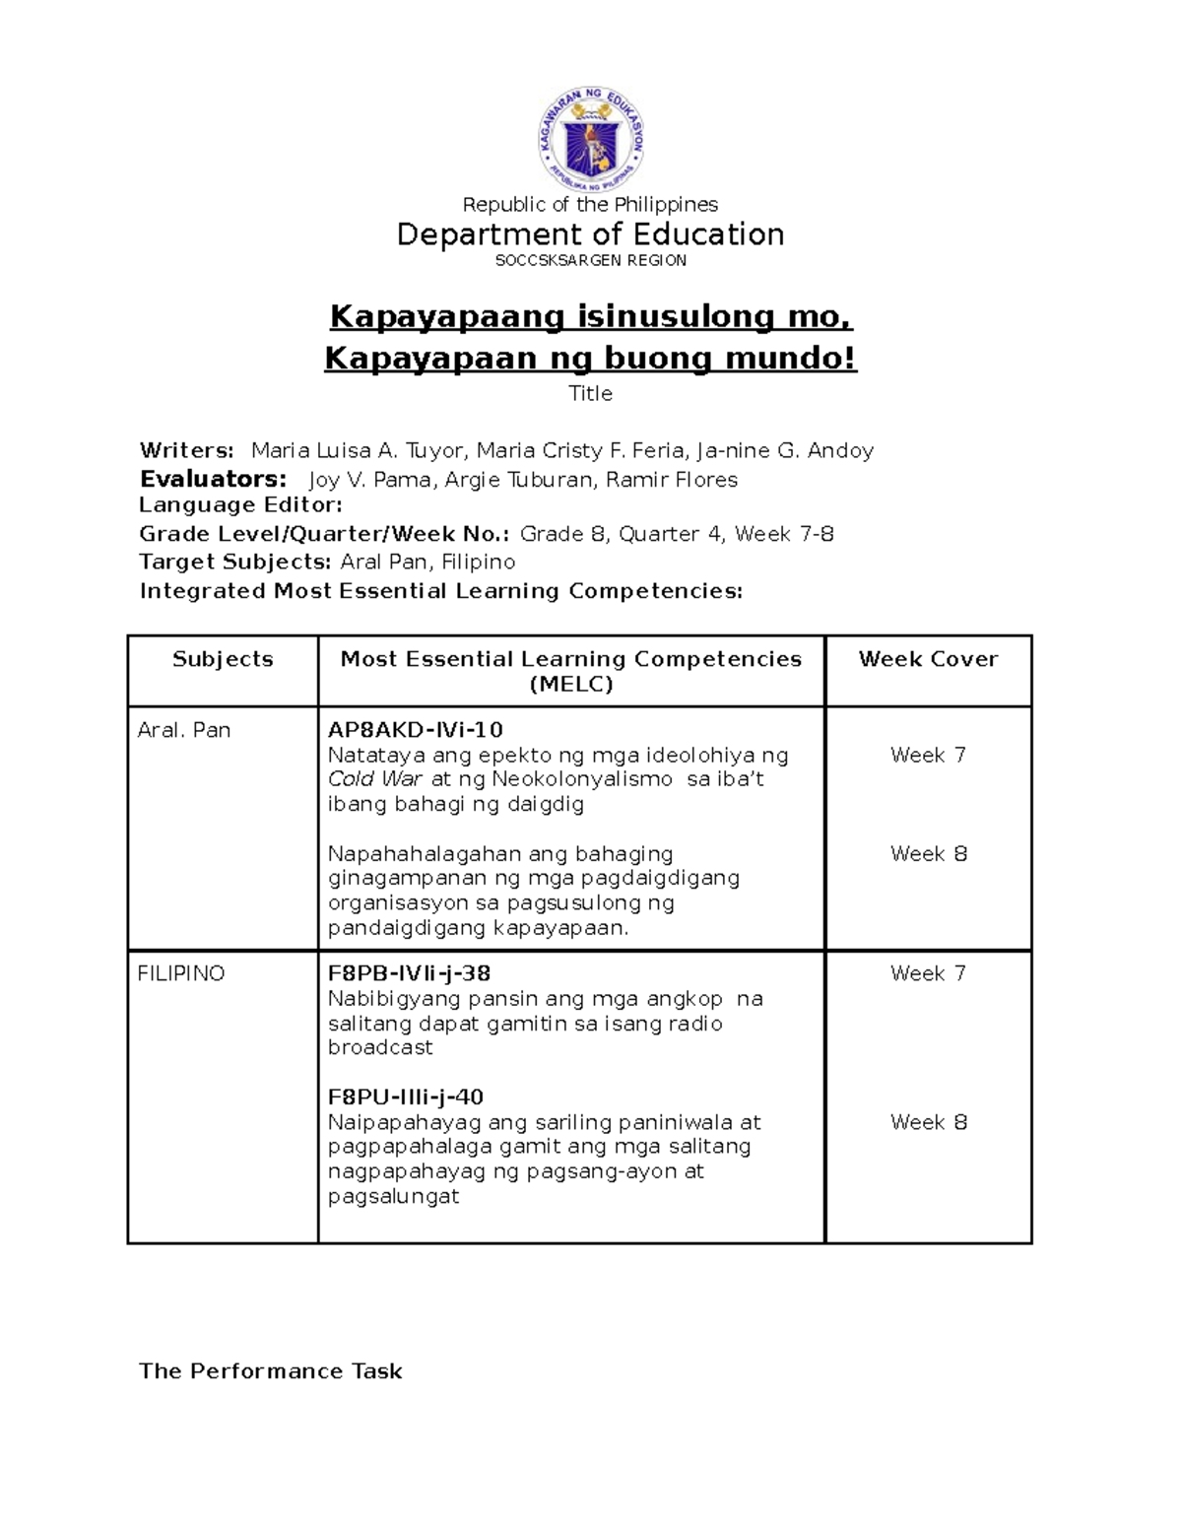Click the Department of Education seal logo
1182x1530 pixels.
tap(590, 140)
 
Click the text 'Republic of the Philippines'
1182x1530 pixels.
tap(590, 205)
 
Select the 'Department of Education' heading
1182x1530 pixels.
tap(590, 234)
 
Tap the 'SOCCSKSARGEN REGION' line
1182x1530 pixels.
tap(590, 261)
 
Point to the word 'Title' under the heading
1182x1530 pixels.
tap(590, 394)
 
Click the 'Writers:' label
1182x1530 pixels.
tap(187, 451)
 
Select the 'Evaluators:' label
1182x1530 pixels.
tap(213, 480)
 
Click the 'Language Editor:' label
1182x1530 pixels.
tap(240, 505)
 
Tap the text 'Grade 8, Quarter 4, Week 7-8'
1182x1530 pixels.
tap(677, 534)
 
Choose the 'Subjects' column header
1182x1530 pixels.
tap(223, 659)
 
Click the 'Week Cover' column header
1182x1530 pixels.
tap(928, 659)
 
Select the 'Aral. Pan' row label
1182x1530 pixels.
tap(184, 731)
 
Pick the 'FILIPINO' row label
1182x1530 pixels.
tap(181, 973)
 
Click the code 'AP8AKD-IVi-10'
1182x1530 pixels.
tap(415, 730)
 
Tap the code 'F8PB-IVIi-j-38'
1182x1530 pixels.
tap(409, 973)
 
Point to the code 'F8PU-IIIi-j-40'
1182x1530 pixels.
tap(405, 1098)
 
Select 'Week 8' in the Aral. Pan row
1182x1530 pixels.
tap(928, 854)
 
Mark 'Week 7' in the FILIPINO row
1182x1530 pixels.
tap(928, 973)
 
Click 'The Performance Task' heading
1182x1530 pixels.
tap(270, 1371)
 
